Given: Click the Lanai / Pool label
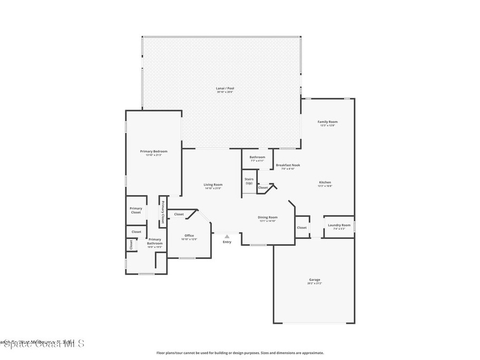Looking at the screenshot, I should [x=225, y=88].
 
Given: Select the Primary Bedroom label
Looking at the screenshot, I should [x=154, y=151].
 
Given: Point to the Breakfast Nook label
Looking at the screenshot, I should [x=288, y=165].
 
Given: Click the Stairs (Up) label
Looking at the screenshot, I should [x=249, y=181].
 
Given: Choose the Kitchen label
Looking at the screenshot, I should [x=325, y=182].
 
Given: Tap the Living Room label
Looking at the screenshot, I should [x=213, y=185].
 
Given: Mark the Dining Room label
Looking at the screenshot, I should [x=268, y=217].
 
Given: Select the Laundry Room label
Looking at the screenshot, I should [x=339, y=225].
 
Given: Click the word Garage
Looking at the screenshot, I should [x=315, y=280].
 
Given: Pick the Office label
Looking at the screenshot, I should [x=189, y=236].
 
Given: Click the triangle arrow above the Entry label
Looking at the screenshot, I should [x=227, y=237].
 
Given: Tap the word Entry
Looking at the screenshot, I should [x=227, y=242].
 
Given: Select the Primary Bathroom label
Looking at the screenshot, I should [x=155, y=241].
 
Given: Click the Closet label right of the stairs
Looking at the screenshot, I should [x=263, y=187].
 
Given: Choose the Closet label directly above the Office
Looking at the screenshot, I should [x=179, y=214].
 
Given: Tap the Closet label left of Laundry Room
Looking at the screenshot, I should [x=302, y=228].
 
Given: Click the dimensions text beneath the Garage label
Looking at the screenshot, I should [x=315, y=284].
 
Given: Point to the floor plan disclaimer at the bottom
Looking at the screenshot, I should [x=240, y=353].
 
